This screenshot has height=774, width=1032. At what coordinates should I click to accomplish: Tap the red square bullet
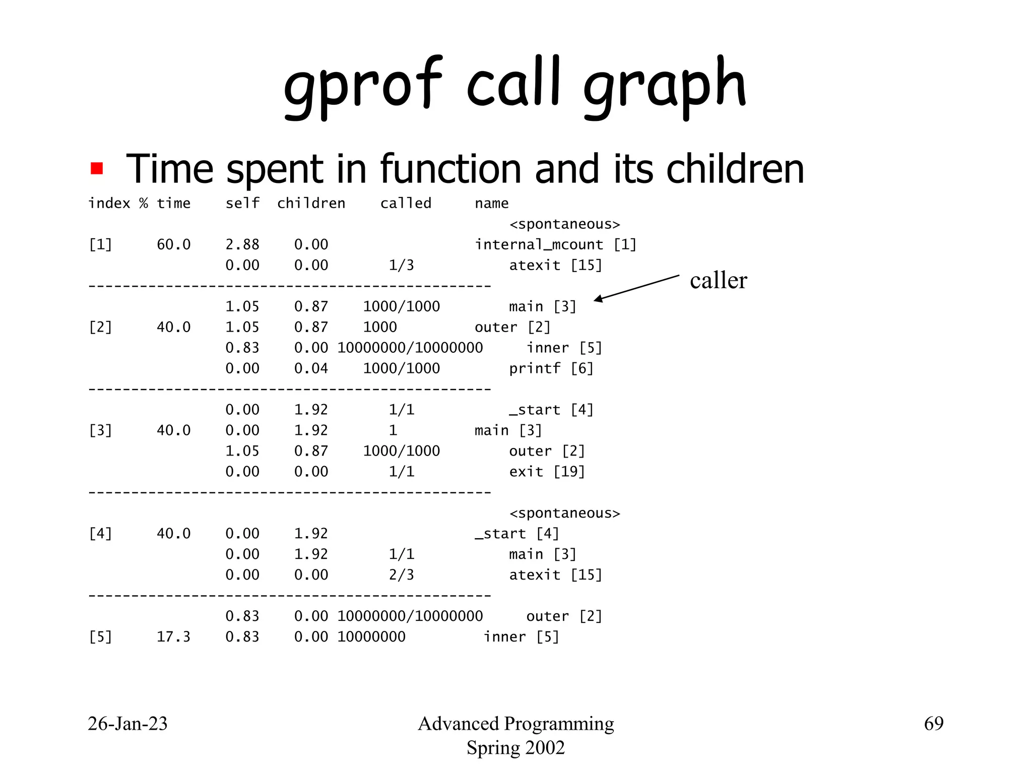97,168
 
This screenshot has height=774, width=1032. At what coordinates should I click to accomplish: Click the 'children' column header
311,203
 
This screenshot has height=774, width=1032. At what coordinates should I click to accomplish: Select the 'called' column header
406,203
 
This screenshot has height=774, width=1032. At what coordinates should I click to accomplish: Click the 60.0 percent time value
173,244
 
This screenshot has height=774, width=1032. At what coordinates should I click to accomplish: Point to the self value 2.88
242,244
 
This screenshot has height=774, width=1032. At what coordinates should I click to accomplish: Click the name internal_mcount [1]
555,244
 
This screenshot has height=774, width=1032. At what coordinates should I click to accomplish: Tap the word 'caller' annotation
718,280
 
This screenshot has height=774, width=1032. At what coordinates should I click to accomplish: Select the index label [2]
100,327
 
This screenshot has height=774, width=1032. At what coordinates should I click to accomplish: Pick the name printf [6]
551,368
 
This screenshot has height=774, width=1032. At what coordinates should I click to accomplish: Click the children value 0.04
311,368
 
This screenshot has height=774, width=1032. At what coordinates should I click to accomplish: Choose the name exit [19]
547,472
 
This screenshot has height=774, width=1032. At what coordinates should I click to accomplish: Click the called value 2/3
401,575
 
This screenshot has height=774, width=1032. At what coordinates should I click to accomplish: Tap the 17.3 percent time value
173,637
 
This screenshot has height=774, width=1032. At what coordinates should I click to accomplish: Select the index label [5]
100,637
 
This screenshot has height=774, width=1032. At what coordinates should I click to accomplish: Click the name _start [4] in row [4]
517,534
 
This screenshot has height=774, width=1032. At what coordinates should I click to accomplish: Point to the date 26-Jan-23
127,724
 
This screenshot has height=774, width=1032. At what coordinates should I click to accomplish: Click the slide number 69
933,724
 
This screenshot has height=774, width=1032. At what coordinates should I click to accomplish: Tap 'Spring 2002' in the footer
515,748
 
